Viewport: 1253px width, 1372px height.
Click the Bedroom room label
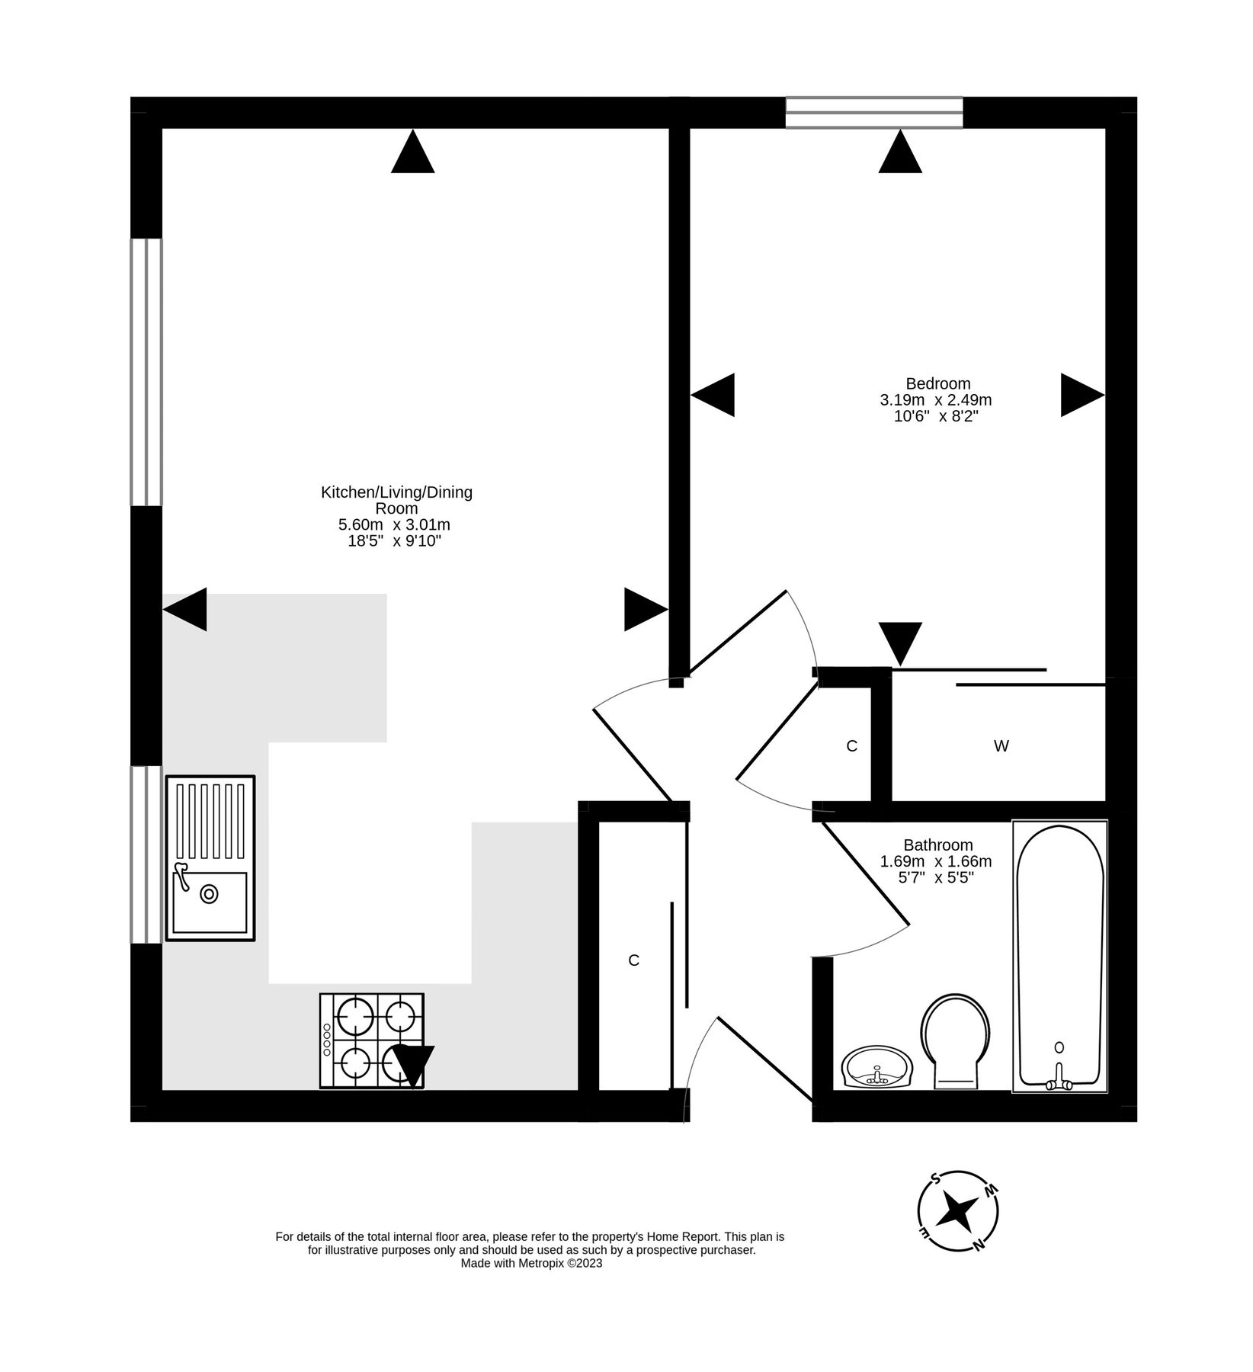point(937,383)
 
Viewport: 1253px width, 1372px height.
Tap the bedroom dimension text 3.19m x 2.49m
point(936,400)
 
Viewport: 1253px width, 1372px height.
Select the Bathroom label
point(937,845)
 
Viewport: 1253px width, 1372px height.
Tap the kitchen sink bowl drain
point(209,894)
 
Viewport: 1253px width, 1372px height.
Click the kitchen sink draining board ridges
point(210,819)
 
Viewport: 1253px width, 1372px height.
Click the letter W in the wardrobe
point(1001,746)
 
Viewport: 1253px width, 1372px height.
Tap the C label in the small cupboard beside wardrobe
point(851,746)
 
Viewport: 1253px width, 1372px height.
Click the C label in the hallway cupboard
point(633,960)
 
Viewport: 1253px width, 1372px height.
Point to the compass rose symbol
point(958,1210)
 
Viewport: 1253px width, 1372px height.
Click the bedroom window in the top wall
point(873,112)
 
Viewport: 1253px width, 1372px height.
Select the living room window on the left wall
point(146,372)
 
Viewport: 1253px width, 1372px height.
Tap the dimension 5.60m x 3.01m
point(394,524)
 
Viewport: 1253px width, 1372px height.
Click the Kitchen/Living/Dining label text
point(396,492)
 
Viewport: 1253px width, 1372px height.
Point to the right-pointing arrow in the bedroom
point(1081,395)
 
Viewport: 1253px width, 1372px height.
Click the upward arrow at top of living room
point(412,152)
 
